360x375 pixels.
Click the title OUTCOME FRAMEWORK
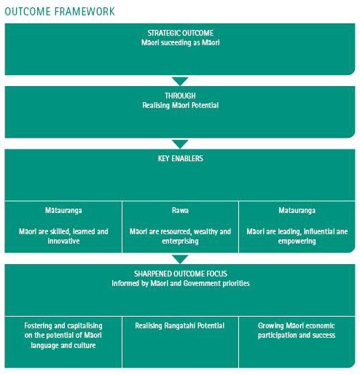60,12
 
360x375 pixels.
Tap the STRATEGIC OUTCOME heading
181,33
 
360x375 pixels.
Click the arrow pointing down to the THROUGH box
180,81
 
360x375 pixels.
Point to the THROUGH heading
180,96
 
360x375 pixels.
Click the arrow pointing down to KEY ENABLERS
180,144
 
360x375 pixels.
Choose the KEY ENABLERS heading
181,158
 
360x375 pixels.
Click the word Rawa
180,210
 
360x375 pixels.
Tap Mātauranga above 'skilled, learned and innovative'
63,210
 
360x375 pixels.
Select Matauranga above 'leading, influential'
297,210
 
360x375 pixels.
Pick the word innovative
63,241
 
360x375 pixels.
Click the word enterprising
180,241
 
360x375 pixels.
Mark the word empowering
297,241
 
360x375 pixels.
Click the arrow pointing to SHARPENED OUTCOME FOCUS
180,259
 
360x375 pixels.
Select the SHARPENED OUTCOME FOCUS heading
181,274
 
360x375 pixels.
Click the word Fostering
39,325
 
